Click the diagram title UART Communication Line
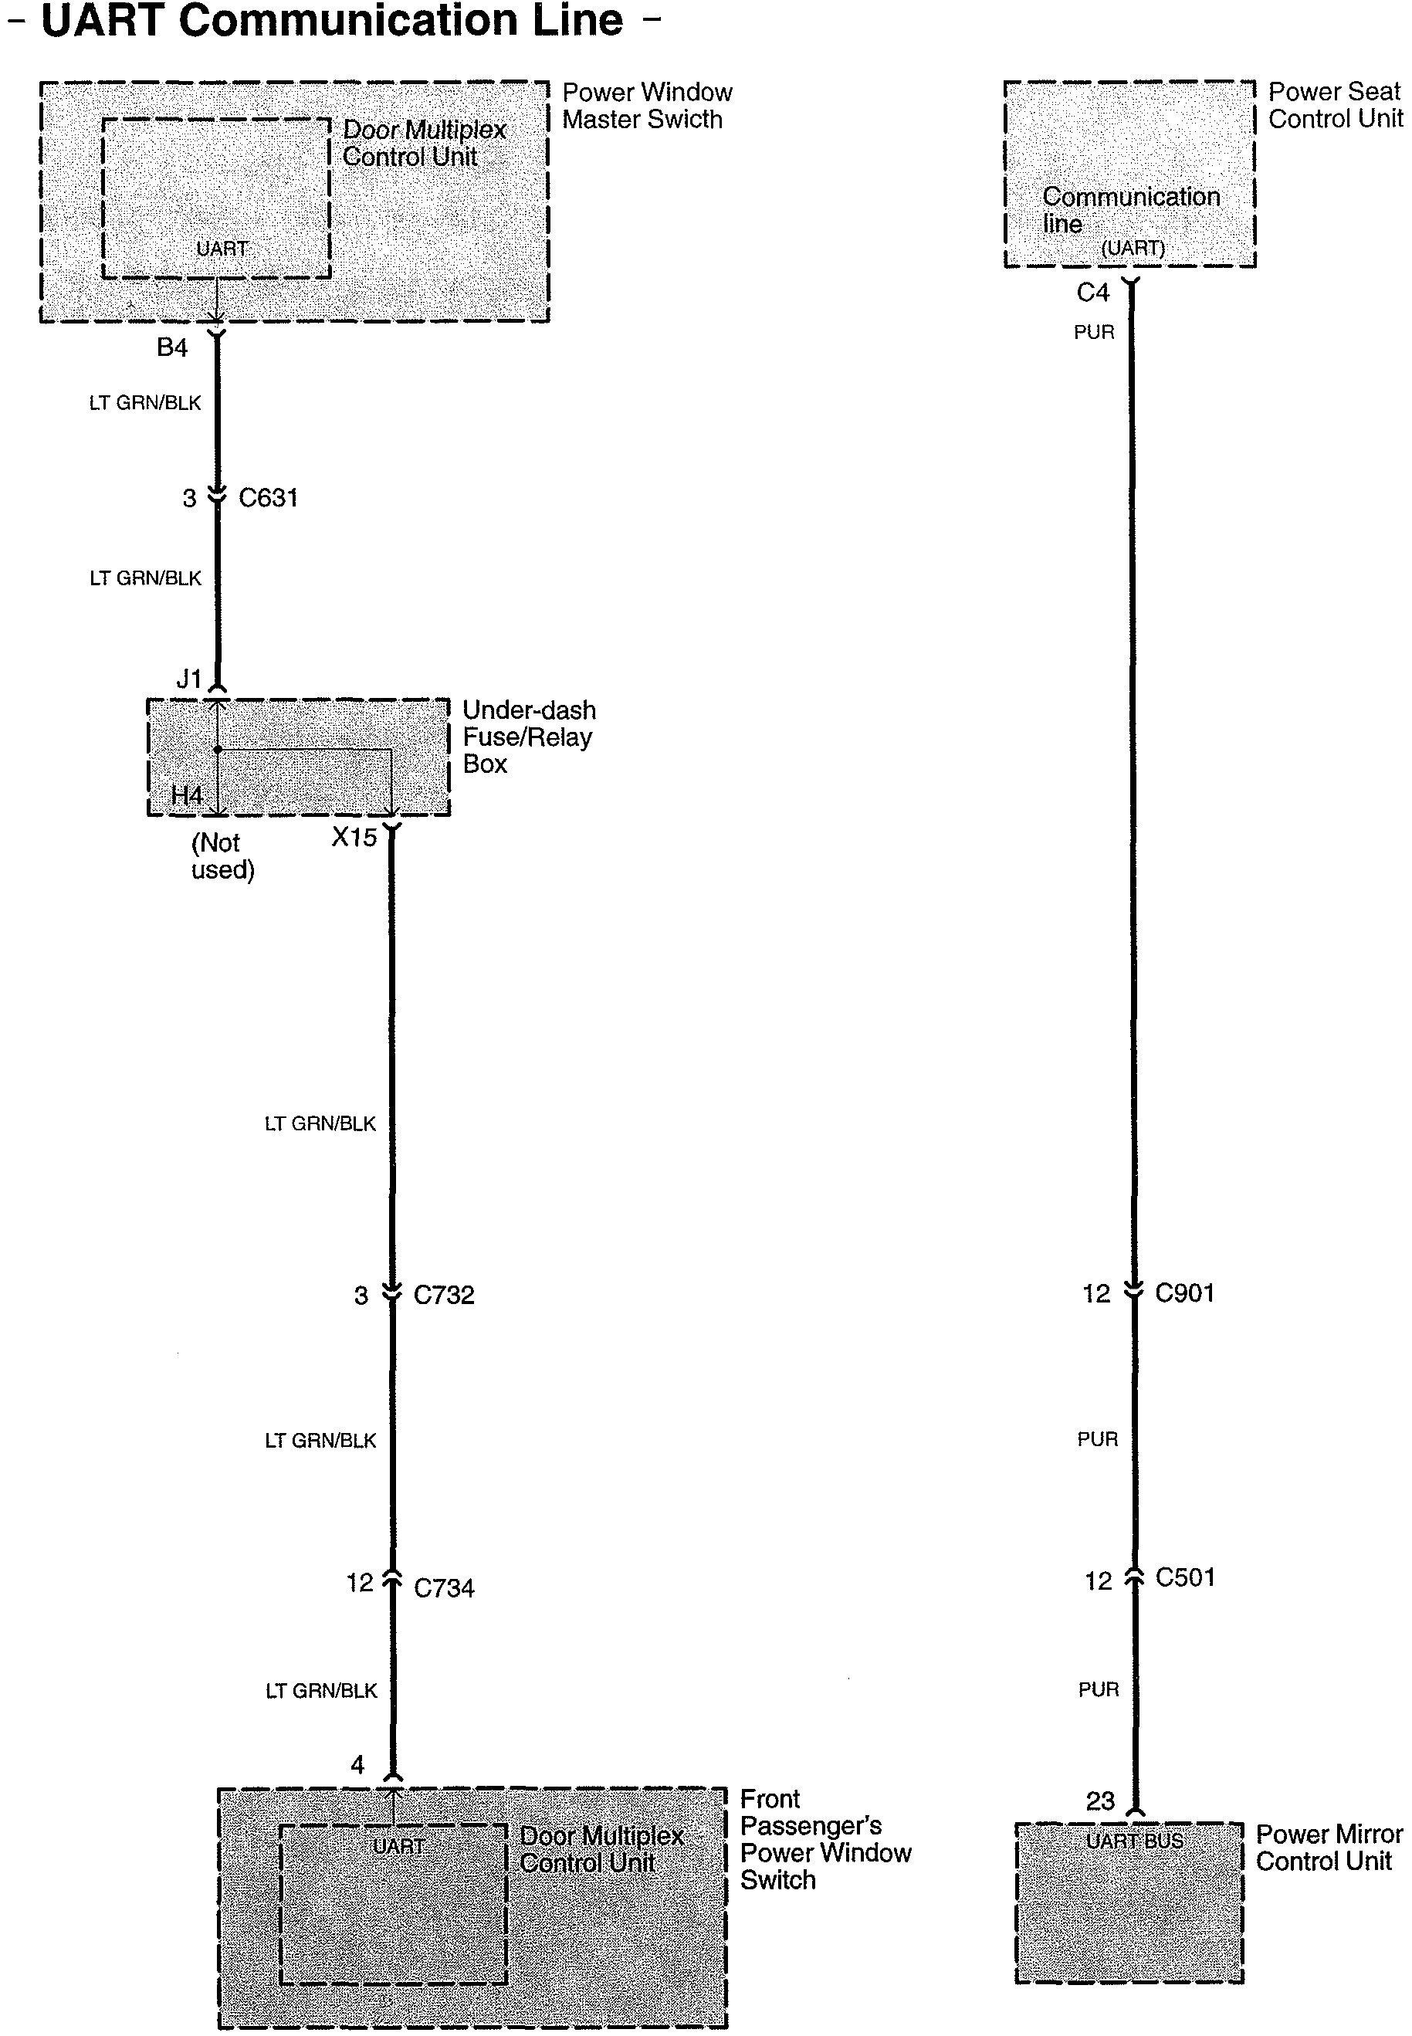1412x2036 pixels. point(332,22)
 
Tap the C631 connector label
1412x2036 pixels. point(268,498)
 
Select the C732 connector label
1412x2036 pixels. point(444,1296)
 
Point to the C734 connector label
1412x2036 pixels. point(444,1588)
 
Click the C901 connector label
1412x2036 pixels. point(1184,1293)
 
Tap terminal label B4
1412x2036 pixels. point(171,347)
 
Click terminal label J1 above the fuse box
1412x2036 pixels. point(189,679)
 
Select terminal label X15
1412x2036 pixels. point(354,837)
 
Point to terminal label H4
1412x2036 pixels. point(187,795)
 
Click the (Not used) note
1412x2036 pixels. point(222,856)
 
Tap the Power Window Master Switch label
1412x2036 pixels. point(647,107)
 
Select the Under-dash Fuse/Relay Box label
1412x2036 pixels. point(529,737)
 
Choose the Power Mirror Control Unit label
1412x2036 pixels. point(1329,1848)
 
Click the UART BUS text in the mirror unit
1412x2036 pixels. point(1134,1841)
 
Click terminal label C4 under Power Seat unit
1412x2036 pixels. point(1092,293)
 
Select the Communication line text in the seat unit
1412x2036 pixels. point(1131,210)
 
